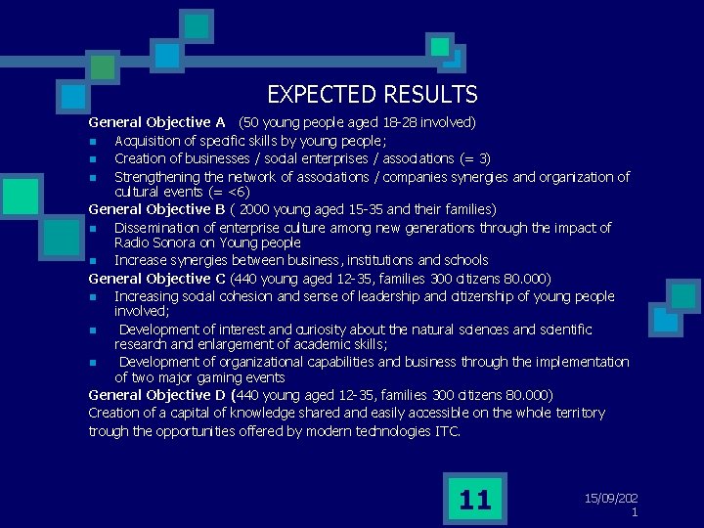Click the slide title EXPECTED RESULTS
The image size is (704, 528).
[x=372, y=95]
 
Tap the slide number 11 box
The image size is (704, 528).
[x=474, y=501]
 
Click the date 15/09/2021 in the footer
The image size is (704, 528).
[x=612, y=505]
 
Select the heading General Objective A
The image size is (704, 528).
[x=156, y=122]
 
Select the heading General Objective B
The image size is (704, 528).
[x=156, y=209]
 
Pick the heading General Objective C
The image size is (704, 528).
[x=156, y=279]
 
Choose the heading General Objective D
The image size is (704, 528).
[x=156, y=395]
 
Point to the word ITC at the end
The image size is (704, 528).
[x=447, y=431]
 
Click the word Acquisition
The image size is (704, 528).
[x=148, y=141]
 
